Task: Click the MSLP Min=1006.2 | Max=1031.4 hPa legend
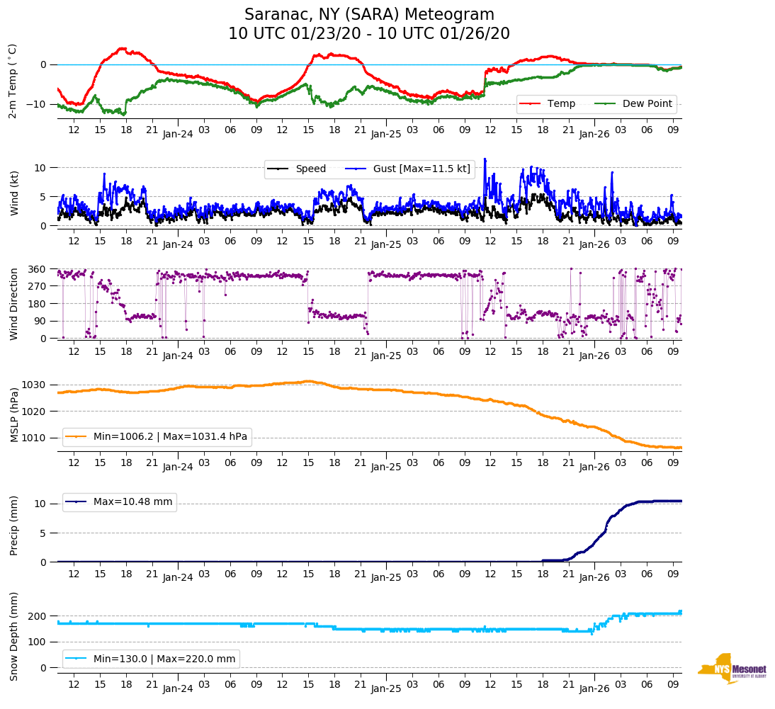[x=157, y=437]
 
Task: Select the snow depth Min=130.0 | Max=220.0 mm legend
[x=151, y=659]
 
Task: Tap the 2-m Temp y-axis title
[x=12, y=81]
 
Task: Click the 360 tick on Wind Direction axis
[x=38, y=269]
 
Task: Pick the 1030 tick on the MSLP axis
[x=35, y=385]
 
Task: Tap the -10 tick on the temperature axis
[x=38, y=104]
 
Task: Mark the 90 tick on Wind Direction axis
[x=40, y=321]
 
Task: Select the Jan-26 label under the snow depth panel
[x=594, y=688]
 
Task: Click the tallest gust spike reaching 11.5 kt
[x=485, y=159]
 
